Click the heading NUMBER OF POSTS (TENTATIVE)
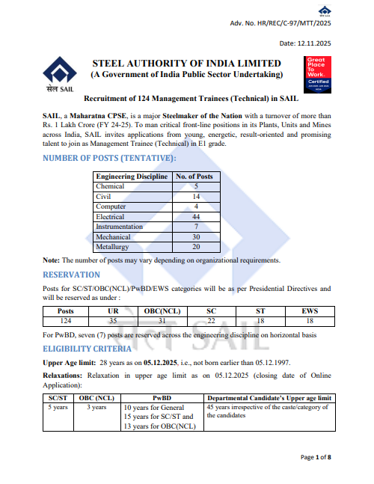tap(109, 158)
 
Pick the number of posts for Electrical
tap(195, 216)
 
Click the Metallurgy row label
tap(111, 246)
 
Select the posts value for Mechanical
tap(195, 236)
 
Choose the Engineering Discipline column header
tap(132, 176)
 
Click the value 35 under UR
tap(114, 321)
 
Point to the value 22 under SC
tap(210, 321)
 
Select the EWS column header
tap(309, 312)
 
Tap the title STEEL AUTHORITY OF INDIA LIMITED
tap(186, 64)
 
